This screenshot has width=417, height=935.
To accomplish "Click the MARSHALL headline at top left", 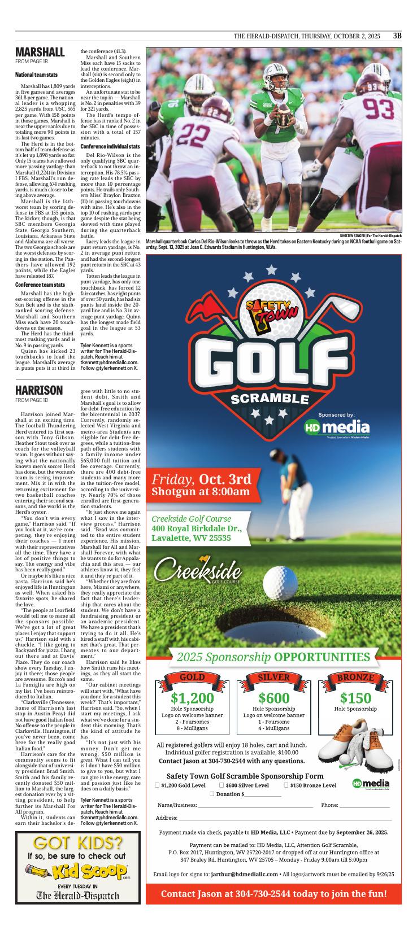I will pos(40,53).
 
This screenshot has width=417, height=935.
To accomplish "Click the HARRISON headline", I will pos(39,390).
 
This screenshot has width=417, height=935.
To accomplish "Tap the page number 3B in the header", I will pos(397,36).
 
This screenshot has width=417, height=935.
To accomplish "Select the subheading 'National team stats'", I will pos(36,75).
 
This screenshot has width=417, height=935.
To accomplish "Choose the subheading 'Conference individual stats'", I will pos(110,146).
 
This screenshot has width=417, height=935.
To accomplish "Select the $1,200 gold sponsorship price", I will pos(192,698).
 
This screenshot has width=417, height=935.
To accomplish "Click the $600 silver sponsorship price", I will pos(273,698).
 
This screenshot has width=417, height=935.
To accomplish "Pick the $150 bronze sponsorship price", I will pos(355,698).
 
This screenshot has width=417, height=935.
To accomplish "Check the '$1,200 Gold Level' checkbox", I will pos(157,785).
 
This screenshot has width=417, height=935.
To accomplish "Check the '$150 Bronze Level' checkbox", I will pos(286,785).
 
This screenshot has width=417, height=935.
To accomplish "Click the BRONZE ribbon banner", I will pos(355,678).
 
